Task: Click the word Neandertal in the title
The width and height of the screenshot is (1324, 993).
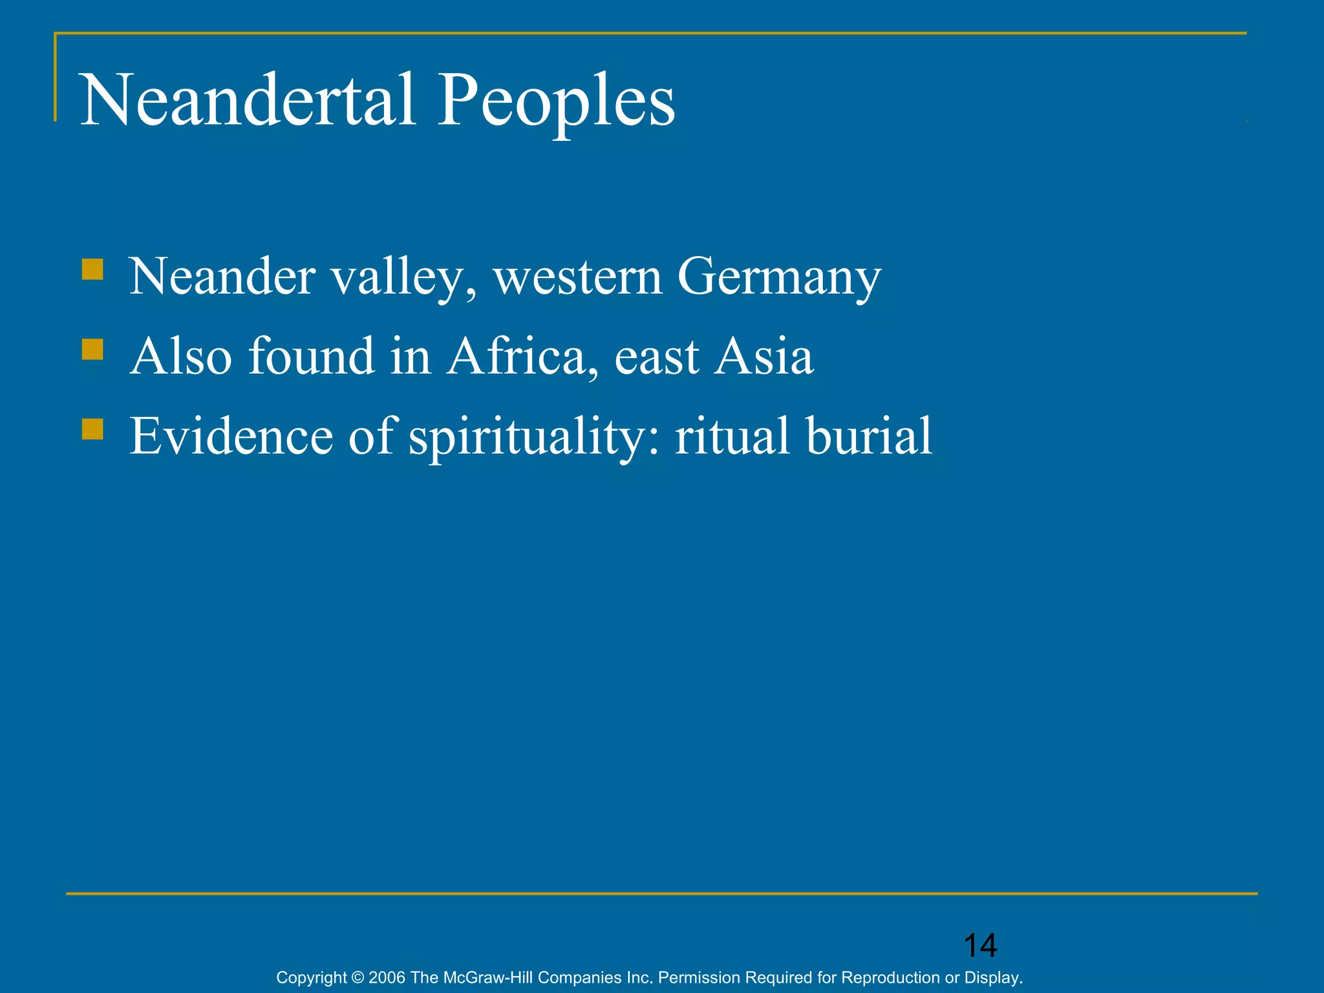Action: (x=248, y=100)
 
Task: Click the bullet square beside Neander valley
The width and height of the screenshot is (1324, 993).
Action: (x=92, y=270)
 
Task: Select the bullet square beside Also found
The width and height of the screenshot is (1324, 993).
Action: (x=92, y=350)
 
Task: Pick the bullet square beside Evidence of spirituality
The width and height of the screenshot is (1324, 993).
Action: (x=92, y=429)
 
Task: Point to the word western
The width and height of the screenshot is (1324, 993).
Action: (x=578, y=277)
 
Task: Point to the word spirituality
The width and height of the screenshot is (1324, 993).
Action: (x=533, y=437)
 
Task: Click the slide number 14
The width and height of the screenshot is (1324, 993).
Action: (x=980, y=946)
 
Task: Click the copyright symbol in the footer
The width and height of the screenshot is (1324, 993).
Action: (x=358, y=977)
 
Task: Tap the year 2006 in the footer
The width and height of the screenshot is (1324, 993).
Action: (x=387, y=977)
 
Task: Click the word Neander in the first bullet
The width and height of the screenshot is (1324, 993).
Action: (x=222, y=277)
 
